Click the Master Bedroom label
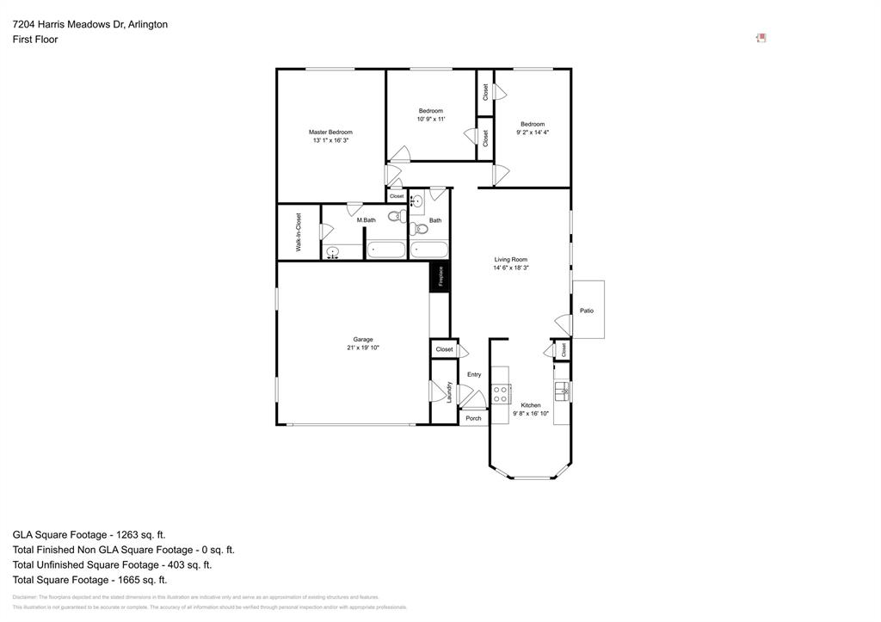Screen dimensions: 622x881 tap(330, 132)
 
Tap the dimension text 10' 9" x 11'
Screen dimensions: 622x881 tap(430, 119)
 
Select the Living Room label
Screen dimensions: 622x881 tap(510, 259)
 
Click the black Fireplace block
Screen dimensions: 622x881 tap(440, 276)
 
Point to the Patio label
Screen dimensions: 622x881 tap(587, 311)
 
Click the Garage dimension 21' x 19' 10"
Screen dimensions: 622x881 tap(362, 348)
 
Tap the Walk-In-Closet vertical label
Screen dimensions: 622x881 tap(299, 231)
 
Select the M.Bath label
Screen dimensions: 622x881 tap(367, 220)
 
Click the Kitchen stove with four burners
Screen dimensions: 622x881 tap(500, 395)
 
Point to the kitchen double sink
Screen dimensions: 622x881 tap(562, 391)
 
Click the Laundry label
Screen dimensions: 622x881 tap(450, 392)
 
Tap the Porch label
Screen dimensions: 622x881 tap(473, 418)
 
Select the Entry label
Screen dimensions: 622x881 tap(474, 374)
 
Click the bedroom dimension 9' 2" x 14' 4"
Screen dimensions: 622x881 tap(533, 132)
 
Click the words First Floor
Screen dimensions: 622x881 tap(35, 40)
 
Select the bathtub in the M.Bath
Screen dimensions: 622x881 tap(385, 249)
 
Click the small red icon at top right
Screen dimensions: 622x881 tap(761, 38)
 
